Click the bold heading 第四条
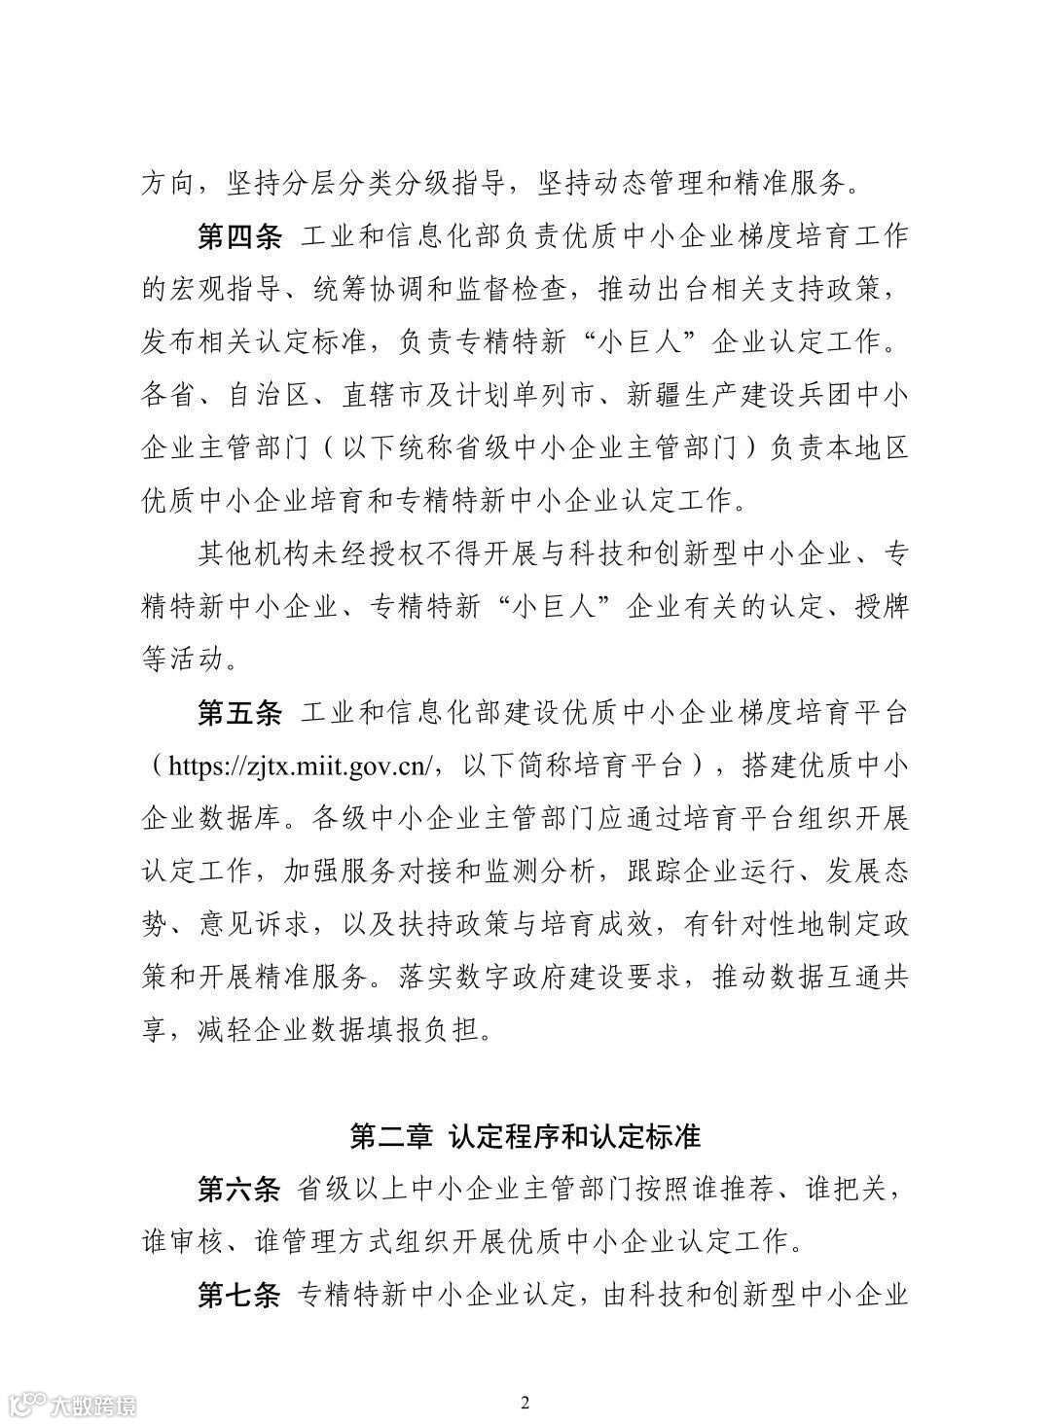[239, 236]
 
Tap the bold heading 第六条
[239, 1189]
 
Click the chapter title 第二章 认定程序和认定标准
[525, 1135]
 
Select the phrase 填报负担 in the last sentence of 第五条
[427, 1029]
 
